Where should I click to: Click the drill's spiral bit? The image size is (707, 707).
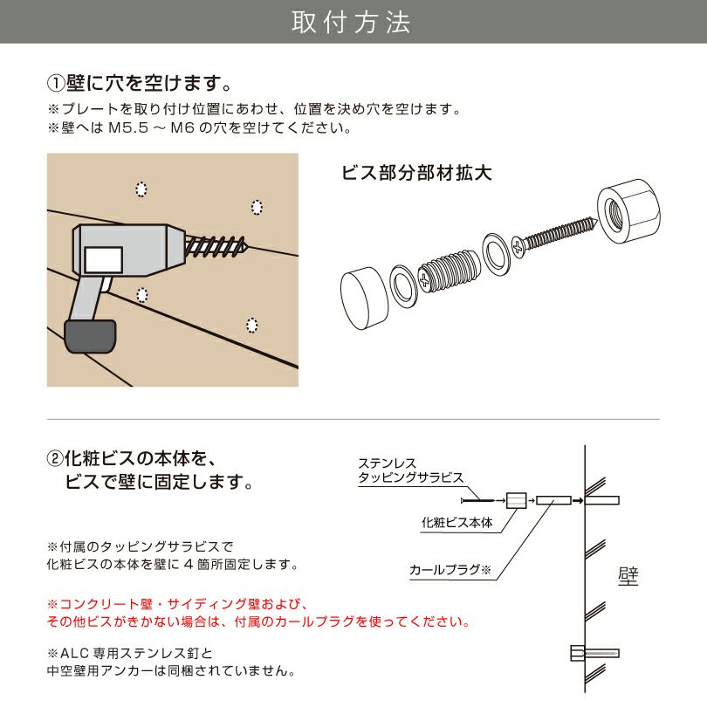click(217, 245)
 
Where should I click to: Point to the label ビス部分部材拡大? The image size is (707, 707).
click(416, 172)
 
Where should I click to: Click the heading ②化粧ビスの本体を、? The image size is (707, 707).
click(131, 458)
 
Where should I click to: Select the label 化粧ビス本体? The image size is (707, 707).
click(456, 523)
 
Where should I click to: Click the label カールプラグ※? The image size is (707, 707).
click(450, 570)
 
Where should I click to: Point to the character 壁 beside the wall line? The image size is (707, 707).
click(628, 578)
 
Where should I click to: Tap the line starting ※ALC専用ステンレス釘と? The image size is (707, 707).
click(129, 653)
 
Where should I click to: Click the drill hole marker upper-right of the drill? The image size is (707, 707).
click(257, 207)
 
